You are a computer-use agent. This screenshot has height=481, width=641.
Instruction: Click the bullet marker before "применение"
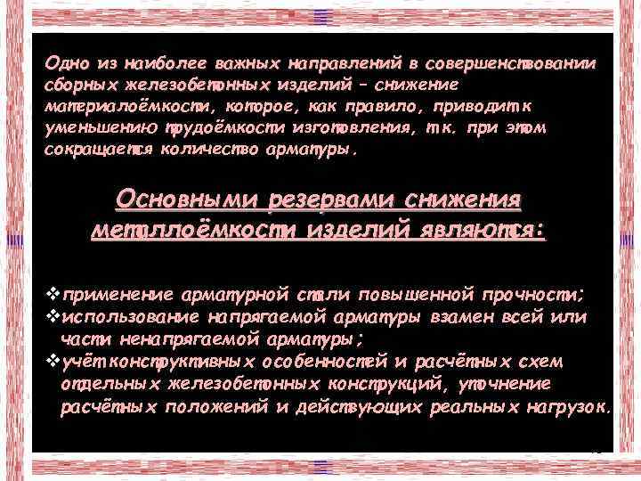pos(51,296)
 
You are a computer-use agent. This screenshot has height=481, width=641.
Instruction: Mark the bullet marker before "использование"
pos(51,317)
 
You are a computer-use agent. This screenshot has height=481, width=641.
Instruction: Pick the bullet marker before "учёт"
pos(51,360)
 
